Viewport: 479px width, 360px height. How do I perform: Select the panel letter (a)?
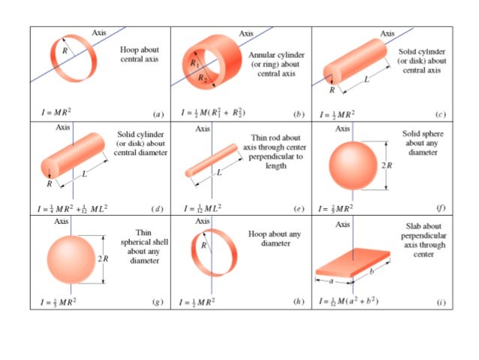[x=158, y=114]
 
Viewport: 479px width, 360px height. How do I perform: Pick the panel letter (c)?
[x=441, y=114]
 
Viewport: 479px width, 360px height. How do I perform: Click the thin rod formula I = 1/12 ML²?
[x=203, y=207]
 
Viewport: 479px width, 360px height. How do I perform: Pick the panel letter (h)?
[x=299, y=302]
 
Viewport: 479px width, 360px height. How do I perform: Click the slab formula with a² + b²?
[x=359, y=301]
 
